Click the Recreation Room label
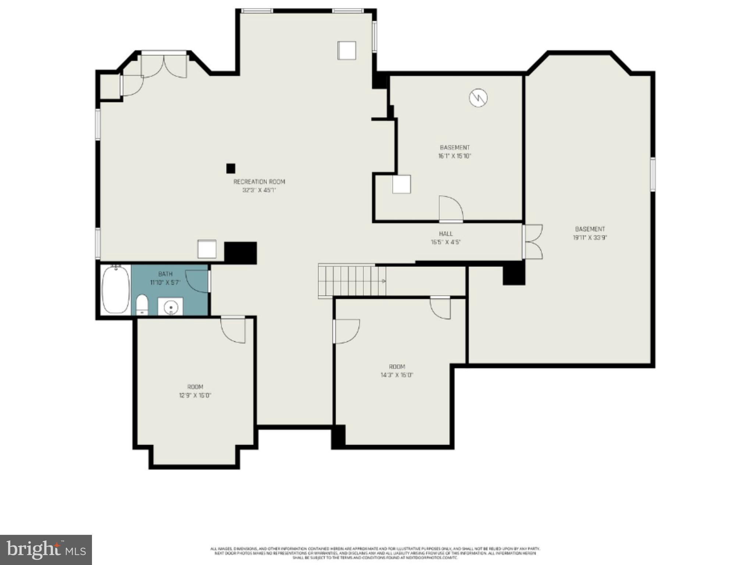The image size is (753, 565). pos(259,182)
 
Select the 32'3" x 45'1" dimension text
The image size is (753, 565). pos(259,191)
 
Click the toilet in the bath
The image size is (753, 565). pos(142,305)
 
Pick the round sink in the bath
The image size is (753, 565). pos(170,306)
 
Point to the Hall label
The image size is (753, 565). pos(445,234)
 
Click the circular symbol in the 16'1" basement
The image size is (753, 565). pos(478,97)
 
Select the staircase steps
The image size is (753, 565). pos(351,281)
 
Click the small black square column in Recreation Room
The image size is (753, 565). pos(231,168)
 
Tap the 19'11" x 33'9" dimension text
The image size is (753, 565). pos(590,238)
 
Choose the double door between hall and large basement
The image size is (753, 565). pos(533,241)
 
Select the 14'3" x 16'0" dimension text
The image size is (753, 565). pos(397,375)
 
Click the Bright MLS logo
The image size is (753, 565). pos(46,550)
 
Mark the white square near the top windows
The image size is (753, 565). pos(347,50)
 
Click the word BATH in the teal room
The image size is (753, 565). pos(165,274)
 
